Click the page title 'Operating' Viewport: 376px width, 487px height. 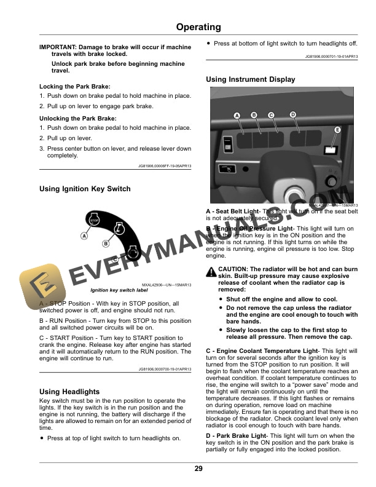tap(198, 27)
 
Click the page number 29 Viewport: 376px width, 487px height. tap(198, 469)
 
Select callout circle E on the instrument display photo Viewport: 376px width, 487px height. tap(337, 130)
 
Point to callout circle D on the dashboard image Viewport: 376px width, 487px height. tap(292, 115)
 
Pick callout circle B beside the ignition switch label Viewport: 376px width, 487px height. tap(106, 244)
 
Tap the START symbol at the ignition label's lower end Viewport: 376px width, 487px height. tap(133, 251)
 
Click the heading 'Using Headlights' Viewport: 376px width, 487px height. tap(69, 391)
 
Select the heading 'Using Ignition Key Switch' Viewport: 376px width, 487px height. tap(85, 189)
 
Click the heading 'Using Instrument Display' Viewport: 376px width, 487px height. tap(250, 79)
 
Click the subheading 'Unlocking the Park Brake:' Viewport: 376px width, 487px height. tap(77, 118)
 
